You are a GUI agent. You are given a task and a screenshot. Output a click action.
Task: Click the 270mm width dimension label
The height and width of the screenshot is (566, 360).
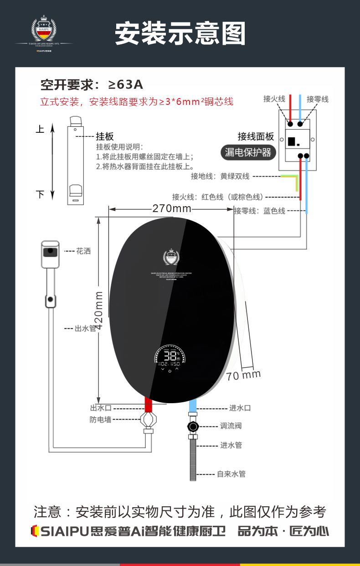point(172,209)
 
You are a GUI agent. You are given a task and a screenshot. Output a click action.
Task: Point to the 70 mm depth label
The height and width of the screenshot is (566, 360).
point(244,375)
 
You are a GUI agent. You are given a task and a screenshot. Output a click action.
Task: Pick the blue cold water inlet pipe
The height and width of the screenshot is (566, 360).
point(192,405)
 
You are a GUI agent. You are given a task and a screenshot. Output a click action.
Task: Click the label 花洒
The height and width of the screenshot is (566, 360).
point(83,251)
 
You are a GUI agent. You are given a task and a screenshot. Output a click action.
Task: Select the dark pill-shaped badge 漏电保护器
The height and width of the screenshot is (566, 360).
point(248,152)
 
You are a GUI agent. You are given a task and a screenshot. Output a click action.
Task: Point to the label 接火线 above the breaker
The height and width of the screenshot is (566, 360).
point(274,99)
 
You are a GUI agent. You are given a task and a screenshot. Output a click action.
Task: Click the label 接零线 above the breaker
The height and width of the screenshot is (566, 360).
point(317,99)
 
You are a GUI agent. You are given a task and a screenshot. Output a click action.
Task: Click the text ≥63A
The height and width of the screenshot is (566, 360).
point(125,84)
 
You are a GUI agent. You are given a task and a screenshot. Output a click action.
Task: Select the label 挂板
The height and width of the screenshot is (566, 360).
point(105,136)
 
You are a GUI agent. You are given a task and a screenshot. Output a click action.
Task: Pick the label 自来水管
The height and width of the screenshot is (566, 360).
point(231,474)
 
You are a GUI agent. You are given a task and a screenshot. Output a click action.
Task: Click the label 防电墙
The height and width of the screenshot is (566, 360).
point(100,419)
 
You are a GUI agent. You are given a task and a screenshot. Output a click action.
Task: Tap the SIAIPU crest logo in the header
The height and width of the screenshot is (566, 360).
point(44,30)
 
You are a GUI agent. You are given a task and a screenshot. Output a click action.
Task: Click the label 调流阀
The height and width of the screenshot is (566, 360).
point(231,426)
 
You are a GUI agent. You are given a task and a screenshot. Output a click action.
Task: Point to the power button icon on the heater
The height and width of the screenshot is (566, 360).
point(170,371)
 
